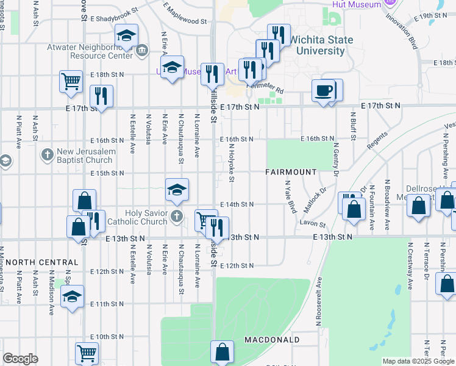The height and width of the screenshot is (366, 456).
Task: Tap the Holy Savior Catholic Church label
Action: [136, 217]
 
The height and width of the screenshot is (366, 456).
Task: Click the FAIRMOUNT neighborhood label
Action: [291, 172]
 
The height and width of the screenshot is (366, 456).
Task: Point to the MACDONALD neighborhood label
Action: [272, 339]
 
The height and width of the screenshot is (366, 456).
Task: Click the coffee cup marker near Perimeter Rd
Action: [323, 91]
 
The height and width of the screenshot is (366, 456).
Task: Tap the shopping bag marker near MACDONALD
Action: [222, 352]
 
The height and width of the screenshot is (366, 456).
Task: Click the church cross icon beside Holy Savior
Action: [177, 216]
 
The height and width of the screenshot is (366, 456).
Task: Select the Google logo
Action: [20, 359]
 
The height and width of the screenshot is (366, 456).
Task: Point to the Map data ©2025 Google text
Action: [418, 361]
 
